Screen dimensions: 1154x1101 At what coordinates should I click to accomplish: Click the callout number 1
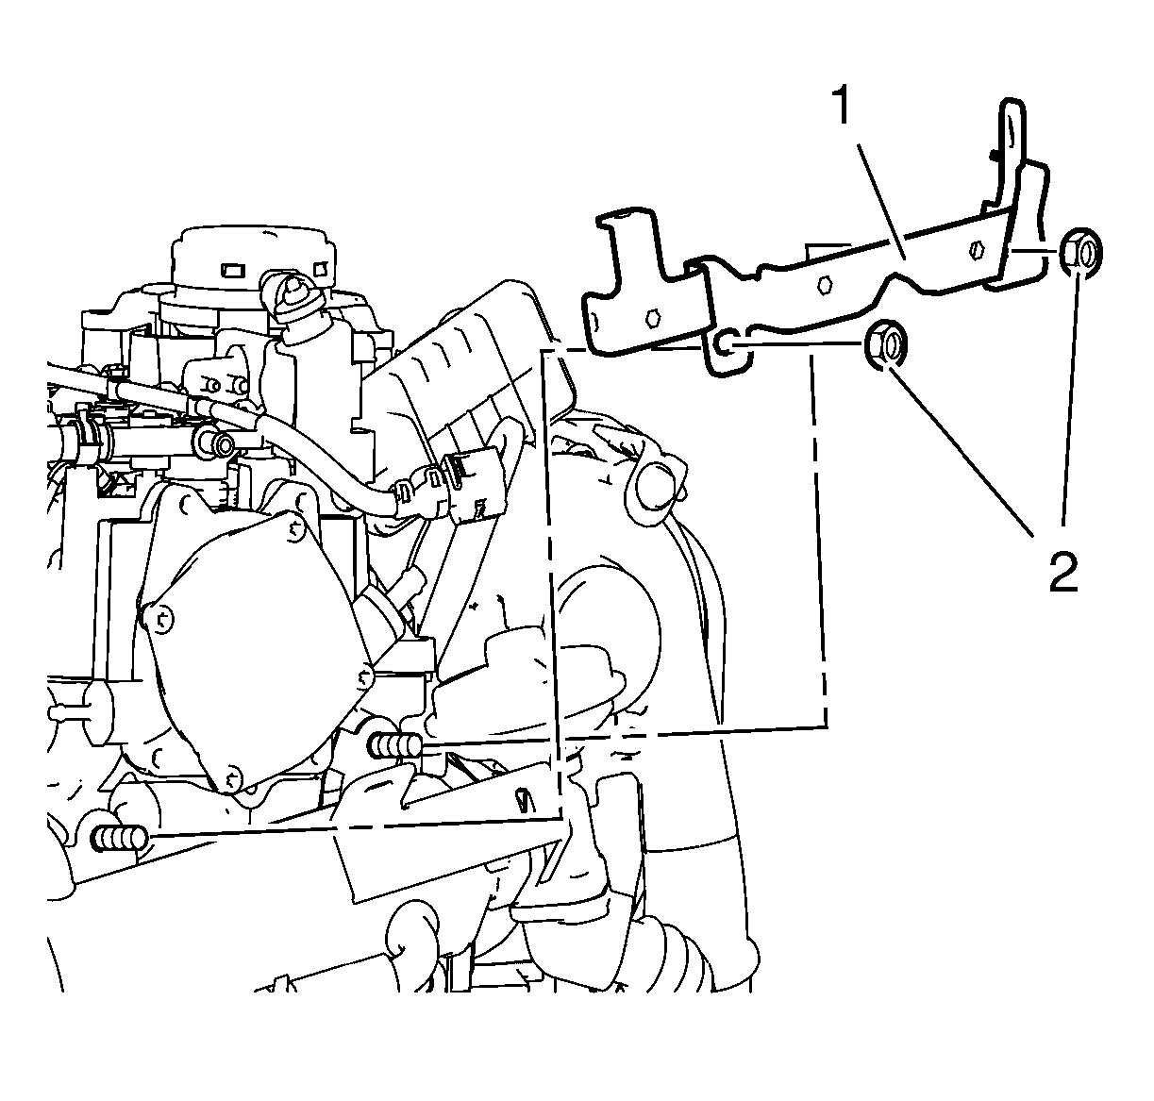[844, 105]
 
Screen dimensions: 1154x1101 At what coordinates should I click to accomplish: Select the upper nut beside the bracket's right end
[1080, 253]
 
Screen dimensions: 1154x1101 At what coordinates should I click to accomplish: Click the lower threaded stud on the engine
[119, 838]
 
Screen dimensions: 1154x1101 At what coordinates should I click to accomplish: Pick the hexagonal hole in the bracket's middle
[825, 285]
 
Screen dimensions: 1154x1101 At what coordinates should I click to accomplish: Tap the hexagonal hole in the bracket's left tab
[653, 319]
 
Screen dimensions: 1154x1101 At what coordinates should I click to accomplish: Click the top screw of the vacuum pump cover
[295, 529]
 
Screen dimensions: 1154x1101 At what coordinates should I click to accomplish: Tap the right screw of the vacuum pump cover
[365, 677]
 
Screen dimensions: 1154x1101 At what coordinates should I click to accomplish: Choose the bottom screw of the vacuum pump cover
[230, 777]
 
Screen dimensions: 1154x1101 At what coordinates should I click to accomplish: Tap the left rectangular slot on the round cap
[231, 271]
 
